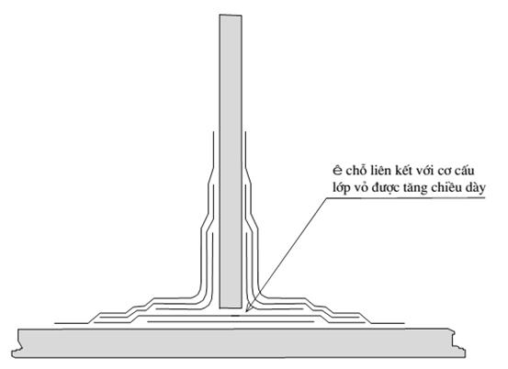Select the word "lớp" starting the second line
342,188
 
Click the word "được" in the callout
386,188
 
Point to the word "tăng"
415,188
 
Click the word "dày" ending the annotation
475,188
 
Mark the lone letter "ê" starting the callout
337,171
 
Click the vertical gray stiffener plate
231,162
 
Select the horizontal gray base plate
239,343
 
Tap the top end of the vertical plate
231,15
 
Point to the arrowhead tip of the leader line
246,312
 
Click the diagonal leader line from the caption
286,255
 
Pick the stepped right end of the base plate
459,343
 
